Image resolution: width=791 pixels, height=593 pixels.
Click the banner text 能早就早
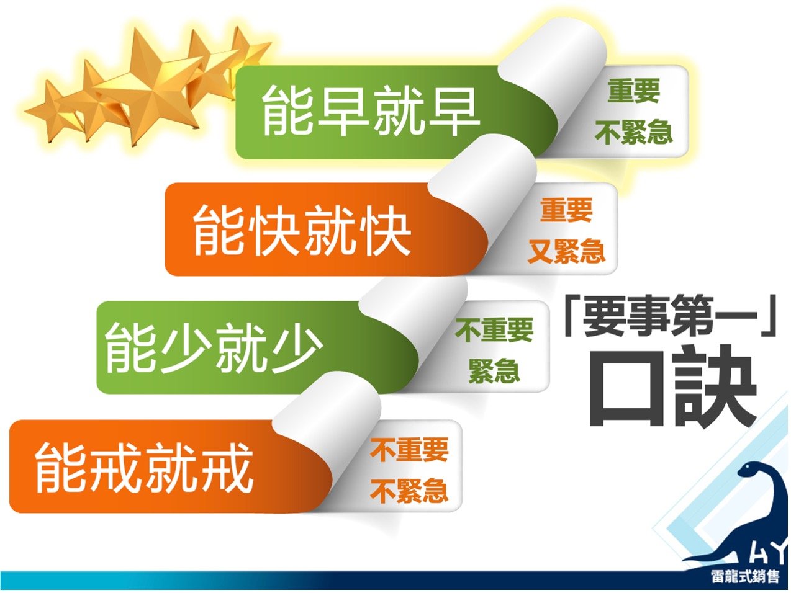[x=371, y=111]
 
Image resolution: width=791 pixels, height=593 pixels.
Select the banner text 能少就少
[x=213, y=348]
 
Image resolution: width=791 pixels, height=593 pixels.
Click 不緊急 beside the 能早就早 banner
[x=634, y=132]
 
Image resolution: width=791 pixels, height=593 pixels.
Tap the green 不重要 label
[x=494, y=330]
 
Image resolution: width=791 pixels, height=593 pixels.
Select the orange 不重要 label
[x=409, y=449]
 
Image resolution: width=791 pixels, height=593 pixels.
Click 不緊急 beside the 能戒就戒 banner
[x=409, y=491]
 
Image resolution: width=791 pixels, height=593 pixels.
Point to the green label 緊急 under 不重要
[x=494, y=371]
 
